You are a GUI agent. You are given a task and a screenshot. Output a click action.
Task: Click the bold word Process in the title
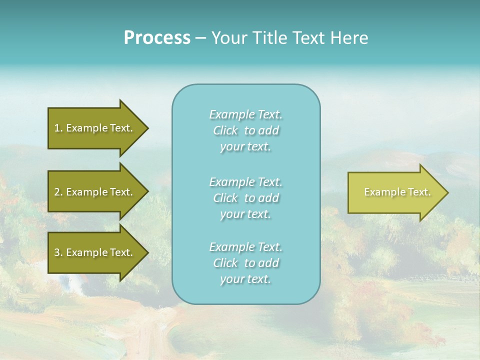[157, 37]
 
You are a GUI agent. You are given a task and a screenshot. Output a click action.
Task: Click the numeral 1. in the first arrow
[58, 128]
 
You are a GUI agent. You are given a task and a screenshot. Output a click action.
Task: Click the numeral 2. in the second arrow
[58, 192]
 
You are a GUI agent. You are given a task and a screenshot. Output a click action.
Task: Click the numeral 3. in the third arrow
[58, 252]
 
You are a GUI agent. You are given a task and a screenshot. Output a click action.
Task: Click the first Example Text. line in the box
[246, 114]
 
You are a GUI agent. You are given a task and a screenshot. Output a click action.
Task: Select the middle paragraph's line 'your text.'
[246, 214]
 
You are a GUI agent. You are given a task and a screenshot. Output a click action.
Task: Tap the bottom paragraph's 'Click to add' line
[246, 263]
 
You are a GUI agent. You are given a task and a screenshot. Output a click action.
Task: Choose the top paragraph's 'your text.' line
[246, 146]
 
